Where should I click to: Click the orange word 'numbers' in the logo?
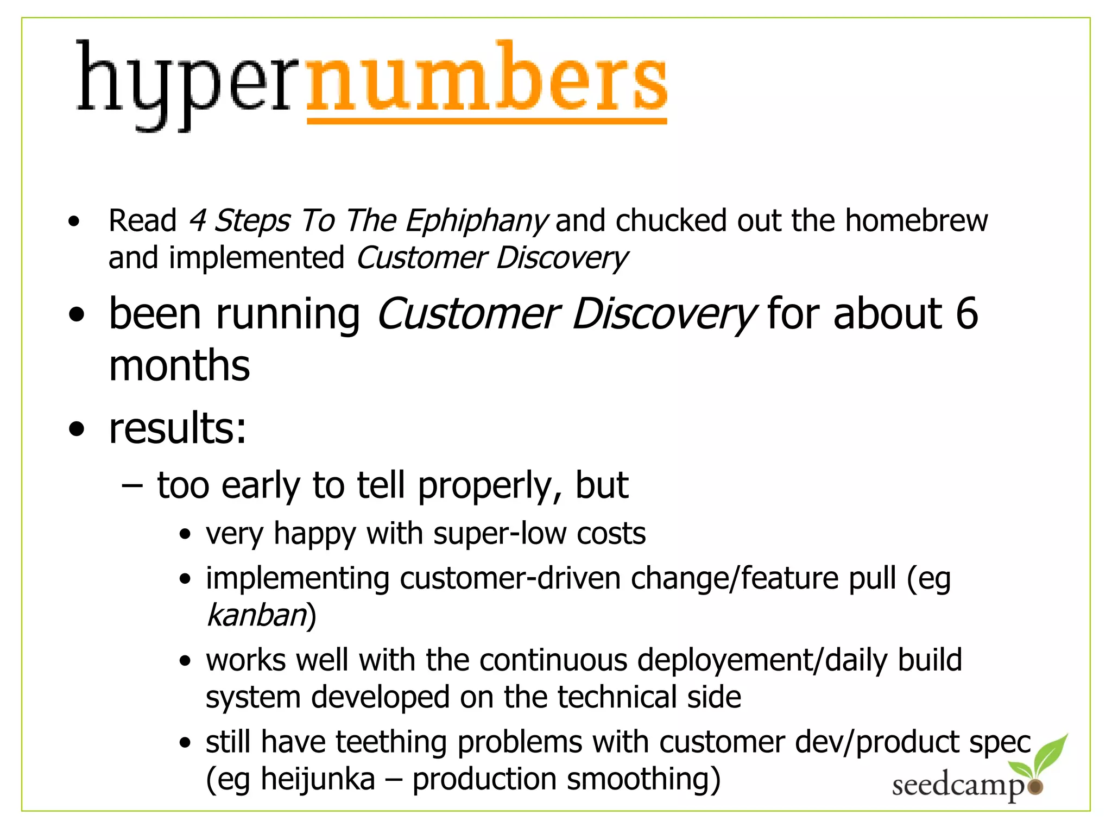tap(487, 81)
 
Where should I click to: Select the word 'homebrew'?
tap(916, 220)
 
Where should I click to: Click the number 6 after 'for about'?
tap(966, 313)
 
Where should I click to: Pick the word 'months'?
tap(179, 365)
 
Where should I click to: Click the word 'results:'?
tap(178, 428)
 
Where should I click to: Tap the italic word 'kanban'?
tap(257, 615)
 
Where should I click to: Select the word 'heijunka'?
tap(318, 779)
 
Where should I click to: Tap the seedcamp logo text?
tap(958, 786)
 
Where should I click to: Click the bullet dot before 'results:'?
tap(77, 429)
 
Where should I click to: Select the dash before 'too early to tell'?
tap(132, 485)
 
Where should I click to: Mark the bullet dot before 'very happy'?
tap(186, 534)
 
